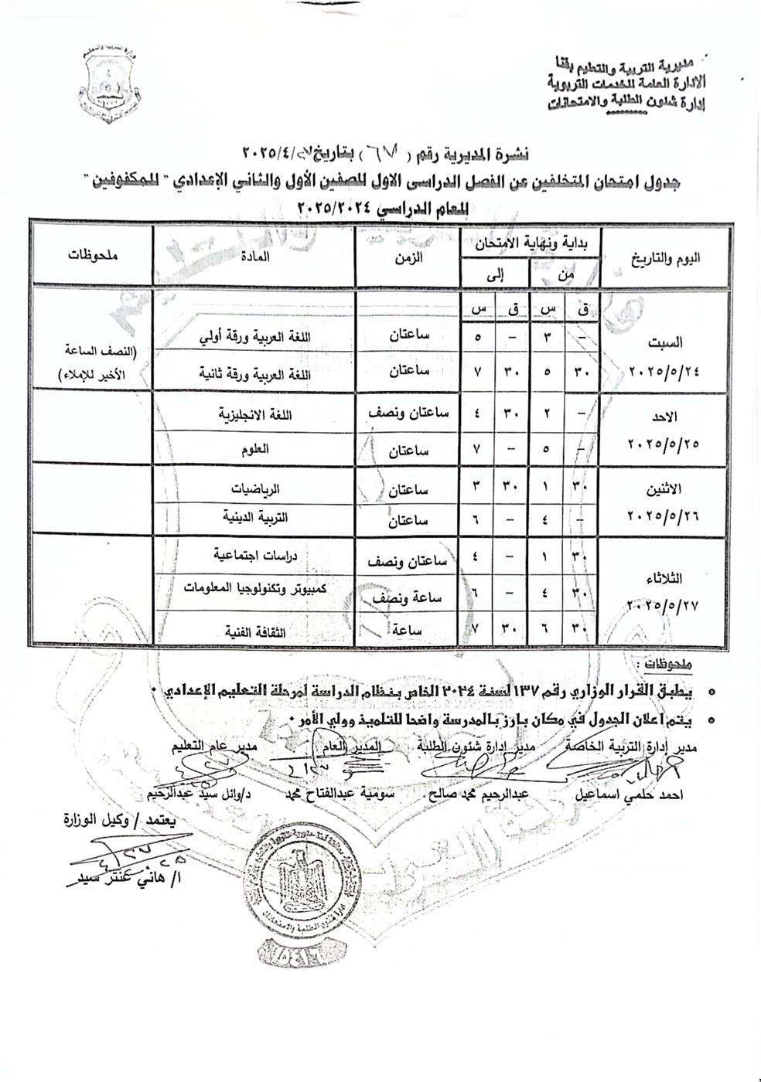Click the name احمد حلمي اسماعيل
(x=619, y=794)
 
